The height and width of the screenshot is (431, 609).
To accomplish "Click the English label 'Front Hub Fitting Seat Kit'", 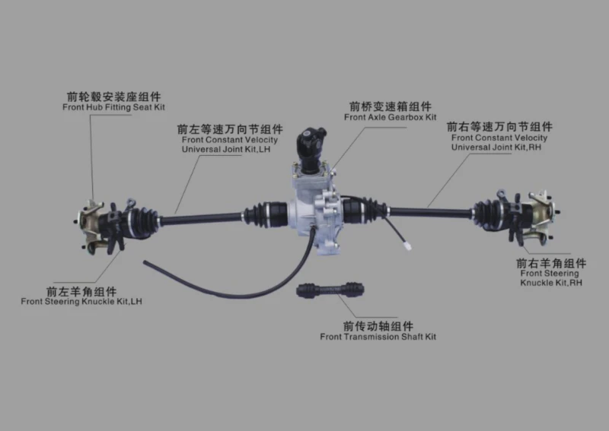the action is pos(113,107).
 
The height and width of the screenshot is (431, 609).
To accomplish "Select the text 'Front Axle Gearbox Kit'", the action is pos(391,117).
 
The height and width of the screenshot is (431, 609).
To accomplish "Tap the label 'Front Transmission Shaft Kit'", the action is pos(378,337).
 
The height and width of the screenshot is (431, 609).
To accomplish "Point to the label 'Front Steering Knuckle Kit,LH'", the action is pos(81,302).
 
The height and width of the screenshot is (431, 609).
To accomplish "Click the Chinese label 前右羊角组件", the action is pos(551,264).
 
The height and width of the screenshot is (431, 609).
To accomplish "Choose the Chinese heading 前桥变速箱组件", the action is pos(391,106).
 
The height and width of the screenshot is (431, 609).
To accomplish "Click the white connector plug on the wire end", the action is pos(407,246).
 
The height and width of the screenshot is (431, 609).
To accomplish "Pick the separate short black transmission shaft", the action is pos(330,290).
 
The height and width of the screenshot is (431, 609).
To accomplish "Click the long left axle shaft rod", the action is pos(201,218).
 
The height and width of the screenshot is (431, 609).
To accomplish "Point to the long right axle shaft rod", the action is pos(431,212).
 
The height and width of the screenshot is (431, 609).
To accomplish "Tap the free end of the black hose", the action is pos(145,263).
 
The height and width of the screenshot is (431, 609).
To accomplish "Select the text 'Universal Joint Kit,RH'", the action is pos(496,147).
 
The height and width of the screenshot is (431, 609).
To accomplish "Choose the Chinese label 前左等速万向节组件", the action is pos(230,129).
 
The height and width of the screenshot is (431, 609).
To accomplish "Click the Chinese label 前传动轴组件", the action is pos(378,326).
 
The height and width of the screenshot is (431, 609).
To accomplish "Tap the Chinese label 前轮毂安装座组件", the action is pos(113,97).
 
